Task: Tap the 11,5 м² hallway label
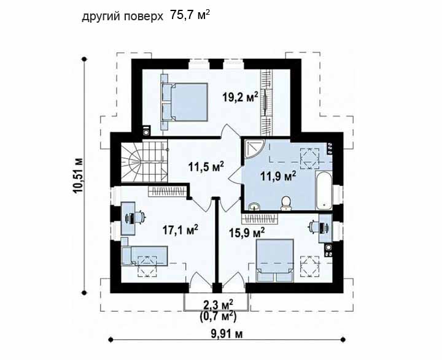[206, 166]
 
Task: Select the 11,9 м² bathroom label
[277, 177]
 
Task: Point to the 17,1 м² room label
[180, 230]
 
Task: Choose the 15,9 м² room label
[247, 232]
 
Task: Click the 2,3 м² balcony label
[218, 305]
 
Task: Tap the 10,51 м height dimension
[78, 175]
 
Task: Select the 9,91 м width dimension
[227, 334]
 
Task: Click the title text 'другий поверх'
[122, 17]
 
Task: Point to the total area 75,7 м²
[190, 15]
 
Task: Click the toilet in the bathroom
[286, 203]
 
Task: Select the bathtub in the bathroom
[324, 190]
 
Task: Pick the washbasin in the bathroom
[255, 207]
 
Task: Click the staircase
[145, 163]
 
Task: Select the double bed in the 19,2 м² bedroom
[185, 102]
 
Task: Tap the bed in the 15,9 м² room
[275, 261]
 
